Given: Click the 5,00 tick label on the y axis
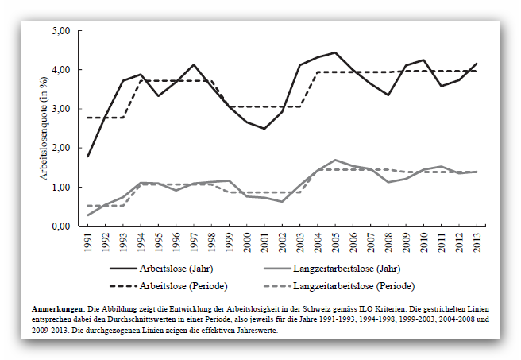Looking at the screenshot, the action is click(x=61, y=31).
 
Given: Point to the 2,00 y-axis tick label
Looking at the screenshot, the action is click(x=61, y=148).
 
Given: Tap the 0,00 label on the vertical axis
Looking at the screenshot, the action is click(x=61, y=226).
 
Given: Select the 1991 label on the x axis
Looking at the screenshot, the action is click(x=88, y=242).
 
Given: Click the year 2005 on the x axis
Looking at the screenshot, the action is click(x=336, y=242).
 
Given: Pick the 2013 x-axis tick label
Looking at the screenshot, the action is click(x=477, y=242).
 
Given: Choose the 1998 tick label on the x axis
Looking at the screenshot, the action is click(x=212, y=242).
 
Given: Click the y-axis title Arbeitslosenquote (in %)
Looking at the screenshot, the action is click(x=44, y=128).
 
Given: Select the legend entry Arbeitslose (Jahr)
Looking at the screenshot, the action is click(x=176, y=269).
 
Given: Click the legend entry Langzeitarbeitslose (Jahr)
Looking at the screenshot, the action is click(x=346, y=269).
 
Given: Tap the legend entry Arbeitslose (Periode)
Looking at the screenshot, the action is click(x=183, y=286).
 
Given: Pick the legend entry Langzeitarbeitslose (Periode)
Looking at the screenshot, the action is click(x=354, y=286).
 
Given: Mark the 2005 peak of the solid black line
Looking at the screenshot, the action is click(x=335, y=52).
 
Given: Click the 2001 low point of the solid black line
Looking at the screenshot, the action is click(x=264, y=129).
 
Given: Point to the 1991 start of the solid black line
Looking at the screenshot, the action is click(x=87, y=157).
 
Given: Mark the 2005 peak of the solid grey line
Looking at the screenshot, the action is click(x=335, y=160).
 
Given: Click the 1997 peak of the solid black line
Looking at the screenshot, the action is click(x=194, y=64).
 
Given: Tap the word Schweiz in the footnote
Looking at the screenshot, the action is click(x=317, y=309).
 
